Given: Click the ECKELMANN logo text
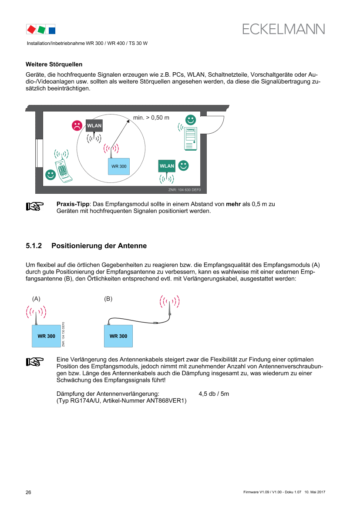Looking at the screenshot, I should pyautogui.click(x=284, y=29).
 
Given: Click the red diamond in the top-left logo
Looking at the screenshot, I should pyautogui.click(x=31, y=29).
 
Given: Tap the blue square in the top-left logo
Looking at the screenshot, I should pyautogui.click(x=52, y=30).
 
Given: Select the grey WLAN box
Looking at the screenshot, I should pyautogui.click(x=94, y=126).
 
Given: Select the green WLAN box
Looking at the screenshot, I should pyautogui.click(x=167, y=166).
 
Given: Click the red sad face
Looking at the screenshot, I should pyautogui.click(x=77, y=126).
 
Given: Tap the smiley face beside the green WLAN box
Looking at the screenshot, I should pyautogui.click(x=184, y=165).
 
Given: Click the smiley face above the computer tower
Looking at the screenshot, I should pyautogui.click(x=191, y=119).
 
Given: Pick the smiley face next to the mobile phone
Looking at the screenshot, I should pyautogui.click(x=50, y=175).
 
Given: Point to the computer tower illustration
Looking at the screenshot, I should pyautogui.click(x=191, y=138).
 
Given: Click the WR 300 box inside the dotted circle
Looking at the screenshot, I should pyautogui.click(x=119, y=166).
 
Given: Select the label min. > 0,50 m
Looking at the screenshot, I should pyautogui.click(x=151, y=118).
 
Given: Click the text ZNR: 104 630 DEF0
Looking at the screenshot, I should pyautogui.click(x=185, y=190).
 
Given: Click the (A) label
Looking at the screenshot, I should pyautogui.click(x=36, y=299).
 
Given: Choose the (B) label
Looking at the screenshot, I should pyautogui.click(x=108, y=299).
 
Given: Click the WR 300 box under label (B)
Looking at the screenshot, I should pyautogui.click(x=118, y=336).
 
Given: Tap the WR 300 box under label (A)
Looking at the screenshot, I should pyautogui.click(x=46, y=336).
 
